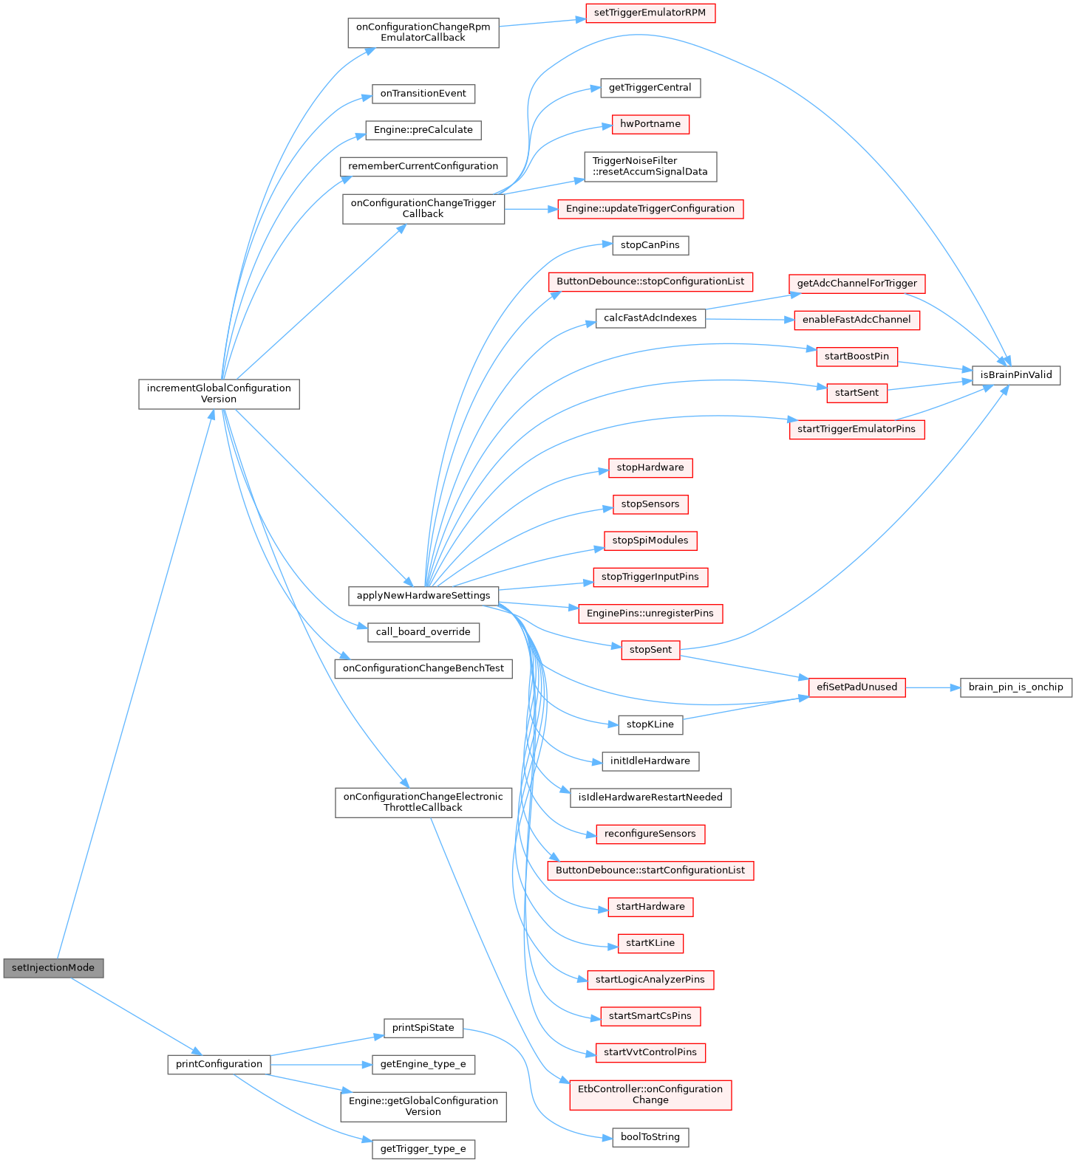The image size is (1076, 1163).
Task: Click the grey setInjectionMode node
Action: [53, 967]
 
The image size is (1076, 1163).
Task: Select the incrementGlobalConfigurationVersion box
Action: [219, 394]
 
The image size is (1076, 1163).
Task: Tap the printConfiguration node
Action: [219, 1064]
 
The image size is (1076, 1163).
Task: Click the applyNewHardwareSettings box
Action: [423, 595]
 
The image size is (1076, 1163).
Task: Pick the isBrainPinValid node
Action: [1016, 375]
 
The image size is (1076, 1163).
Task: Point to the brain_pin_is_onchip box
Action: [1015, 687]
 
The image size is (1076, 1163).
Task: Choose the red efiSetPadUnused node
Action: [857, 687]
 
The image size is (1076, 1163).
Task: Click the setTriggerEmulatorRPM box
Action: [650, 13]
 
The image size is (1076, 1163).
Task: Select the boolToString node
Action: [650, 1137]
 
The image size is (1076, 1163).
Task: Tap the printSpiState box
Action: [423, 1028]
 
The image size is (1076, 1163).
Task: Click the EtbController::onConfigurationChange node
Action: [650, 1094]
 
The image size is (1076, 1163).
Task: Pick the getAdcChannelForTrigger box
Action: [857, 284]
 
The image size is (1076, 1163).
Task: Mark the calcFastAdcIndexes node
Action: [650, 318]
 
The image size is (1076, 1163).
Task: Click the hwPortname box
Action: [650, 124]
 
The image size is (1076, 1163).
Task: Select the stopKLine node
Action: [650, 724]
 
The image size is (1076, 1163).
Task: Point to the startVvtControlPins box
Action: [650, 1052]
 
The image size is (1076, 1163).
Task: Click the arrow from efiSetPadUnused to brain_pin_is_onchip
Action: [933, 687]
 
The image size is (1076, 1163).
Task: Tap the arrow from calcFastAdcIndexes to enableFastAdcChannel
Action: [750, 319]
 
